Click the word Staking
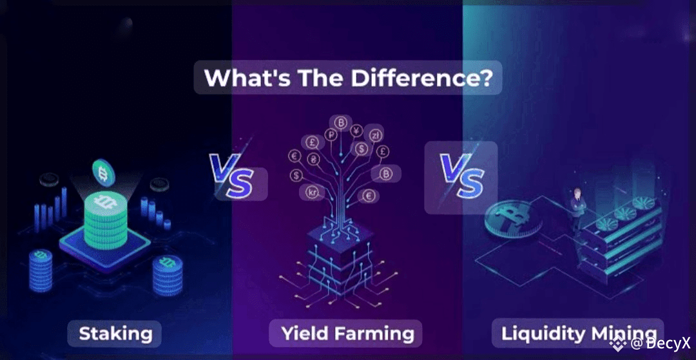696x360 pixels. coord(115,334)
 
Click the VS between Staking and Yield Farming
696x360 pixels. coord(232,175)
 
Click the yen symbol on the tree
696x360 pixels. coord(356,131)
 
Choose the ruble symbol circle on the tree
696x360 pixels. coord(331,135)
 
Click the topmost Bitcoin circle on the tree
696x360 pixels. coord(341,123)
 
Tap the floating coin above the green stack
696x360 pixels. coord(103,173)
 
